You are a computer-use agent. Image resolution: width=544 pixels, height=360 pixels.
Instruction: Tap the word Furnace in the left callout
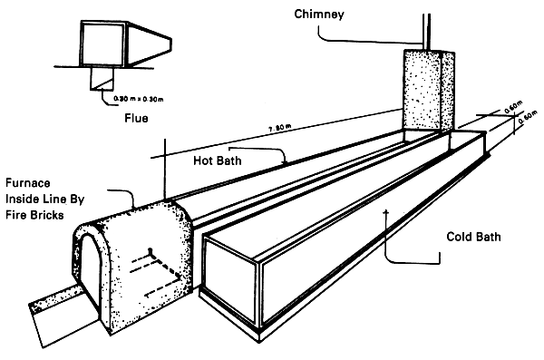point(28,180)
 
